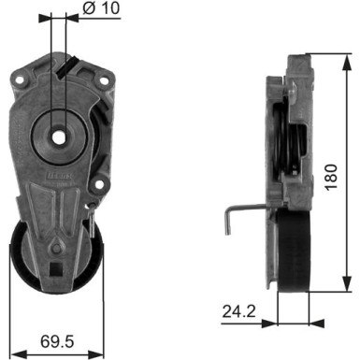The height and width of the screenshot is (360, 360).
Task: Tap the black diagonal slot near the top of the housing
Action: tap(64, 67)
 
